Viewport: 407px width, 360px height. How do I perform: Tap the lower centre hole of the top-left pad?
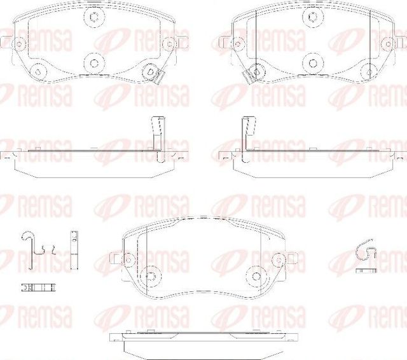click(x=95, y=62)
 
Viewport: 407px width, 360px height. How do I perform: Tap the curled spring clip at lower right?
click(x=366, y=252)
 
